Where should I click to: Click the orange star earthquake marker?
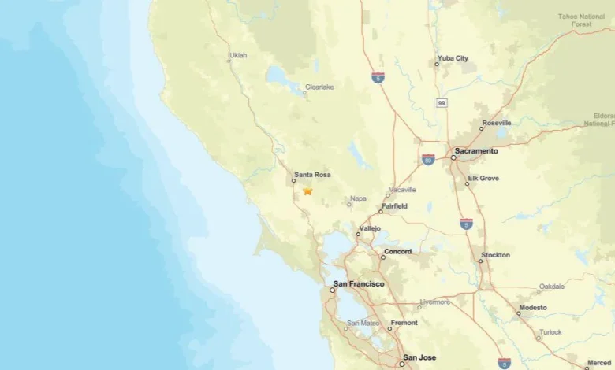point(307,191)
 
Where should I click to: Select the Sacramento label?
point(476,150)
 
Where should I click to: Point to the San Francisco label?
point(359,283)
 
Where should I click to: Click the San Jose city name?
point(419,358)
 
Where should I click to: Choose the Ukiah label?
point(237,56)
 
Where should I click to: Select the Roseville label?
point(496,123)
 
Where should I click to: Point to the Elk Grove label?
point(483,179)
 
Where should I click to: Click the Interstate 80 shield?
point(428,160)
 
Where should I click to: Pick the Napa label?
point(358,198)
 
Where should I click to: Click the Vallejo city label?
point(369,228)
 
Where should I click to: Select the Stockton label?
point(495,255)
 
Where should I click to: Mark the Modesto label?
point(532,308)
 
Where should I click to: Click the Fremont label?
point(404,323)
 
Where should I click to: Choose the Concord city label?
point(397,252)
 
